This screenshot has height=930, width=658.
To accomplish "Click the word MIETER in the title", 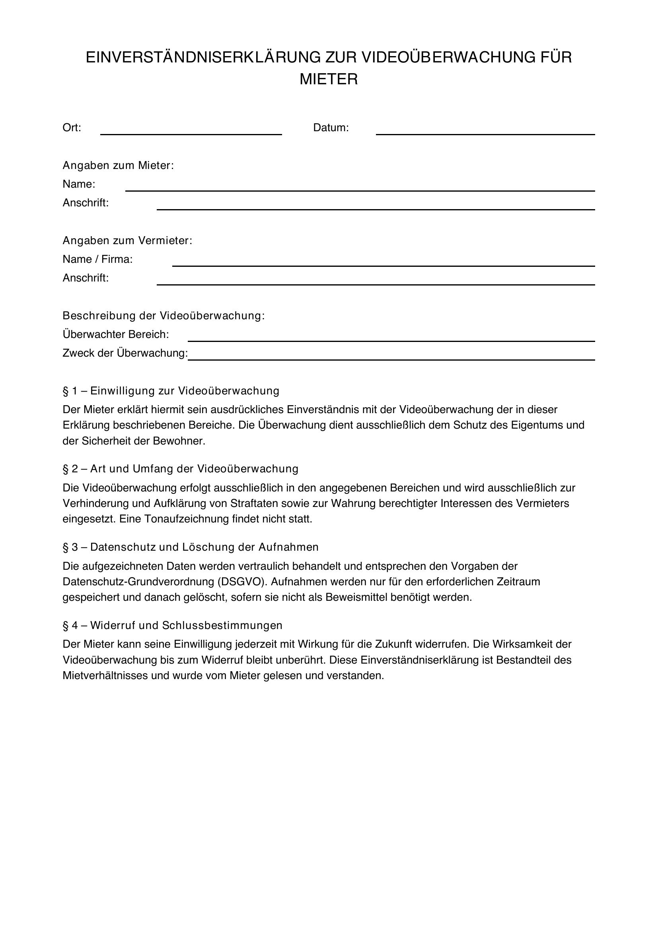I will point(329,80).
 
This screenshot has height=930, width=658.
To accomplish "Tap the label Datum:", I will point(331,128).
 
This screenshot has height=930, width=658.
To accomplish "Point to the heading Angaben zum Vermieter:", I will point(127,241).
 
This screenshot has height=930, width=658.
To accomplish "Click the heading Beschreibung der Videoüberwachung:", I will point(163,316).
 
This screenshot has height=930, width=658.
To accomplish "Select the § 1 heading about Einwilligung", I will point(171,391).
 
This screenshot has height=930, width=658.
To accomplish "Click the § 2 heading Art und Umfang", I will point(180,469).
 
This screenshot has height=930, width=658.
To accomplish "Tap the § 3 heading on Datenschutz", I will point(191,547).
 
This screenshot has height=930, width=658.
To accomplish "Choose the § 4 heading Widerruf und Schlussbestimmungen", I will point(172,625).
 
